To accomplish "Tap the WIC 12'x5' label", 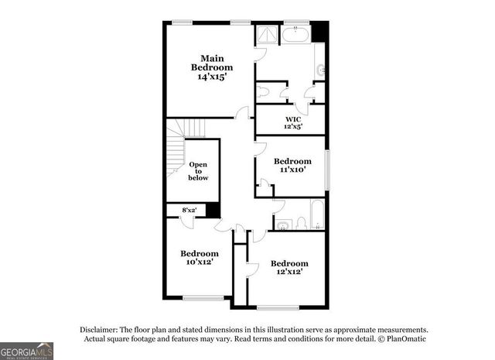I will click(x=292, y=122).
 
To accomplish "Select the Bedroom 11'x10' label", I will click(x=292, y=165).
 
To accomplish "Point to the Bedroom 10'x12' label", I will click(x=200, y=257).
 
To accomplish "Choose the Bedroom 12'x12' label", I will click(x=289, y=267).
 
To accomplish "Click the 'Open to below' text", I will click(x=198, y=171).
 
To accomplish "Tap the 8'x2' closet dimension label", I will click(x=188, y=210).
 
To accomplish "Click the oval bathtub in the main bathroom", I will click(x=295, y=35).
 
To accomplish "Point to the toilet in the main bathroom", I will click(x=263, y=91).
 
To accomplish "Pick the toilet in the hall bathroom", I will click(x=300, y=224).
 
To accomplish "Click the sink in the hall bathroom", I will click(x=282, y=225).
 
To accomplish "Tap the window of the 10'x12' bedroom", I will click(x=203, y=298).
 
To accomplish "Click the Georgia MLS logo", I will click(x=27, y=351).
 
